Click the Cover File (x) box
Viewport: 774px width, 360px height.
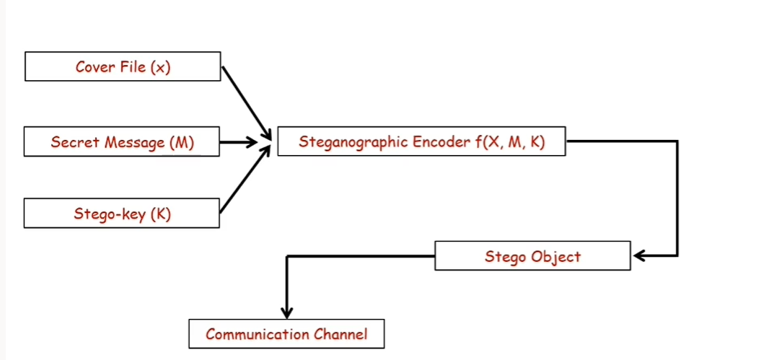123,66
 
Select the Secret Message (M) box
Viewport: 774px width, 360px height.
122,141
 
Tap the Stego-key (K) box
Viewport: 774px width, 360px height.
122,214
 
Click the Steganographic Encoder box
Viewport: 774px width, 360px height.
421,141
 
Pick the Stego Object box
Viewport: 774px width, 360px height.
532,256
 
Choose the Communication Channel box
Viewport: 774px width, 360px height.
286,334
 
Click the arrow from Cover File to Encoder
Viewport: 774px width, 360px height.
245,102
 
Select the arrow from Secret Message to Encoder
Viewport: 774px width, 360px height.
238,141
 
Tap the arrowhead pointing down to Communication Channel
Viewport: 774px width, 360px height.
287,311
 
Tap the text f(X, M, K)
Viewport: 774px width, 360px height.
509,142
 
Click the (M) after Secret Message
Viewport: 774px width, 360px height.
181,142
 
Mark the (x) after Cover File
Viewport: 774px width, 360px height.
161,67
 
